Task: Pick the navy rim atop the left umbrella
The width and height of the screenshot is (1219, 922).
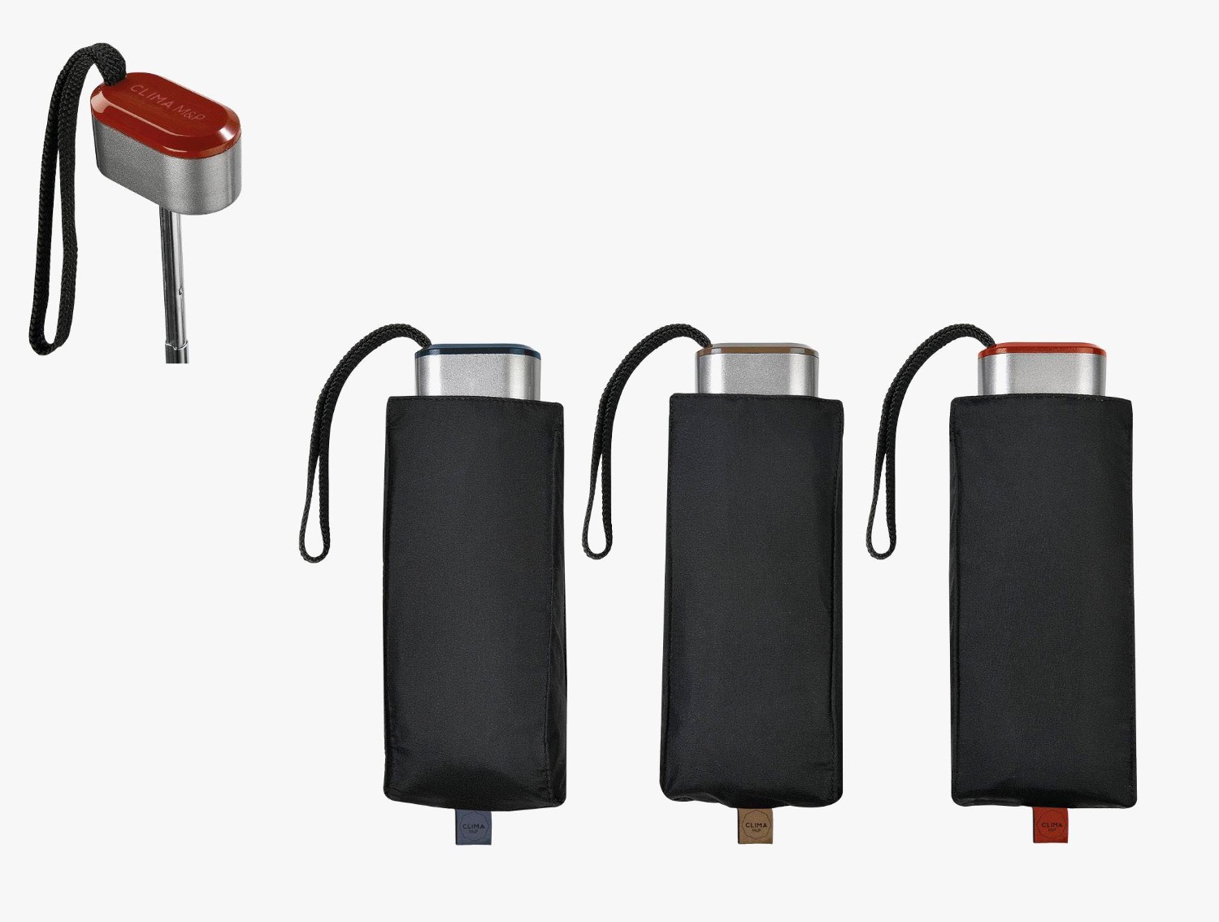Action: [478, 351]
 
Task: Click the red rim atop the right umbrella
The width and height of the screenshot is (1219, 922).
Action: [1042, 351]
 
